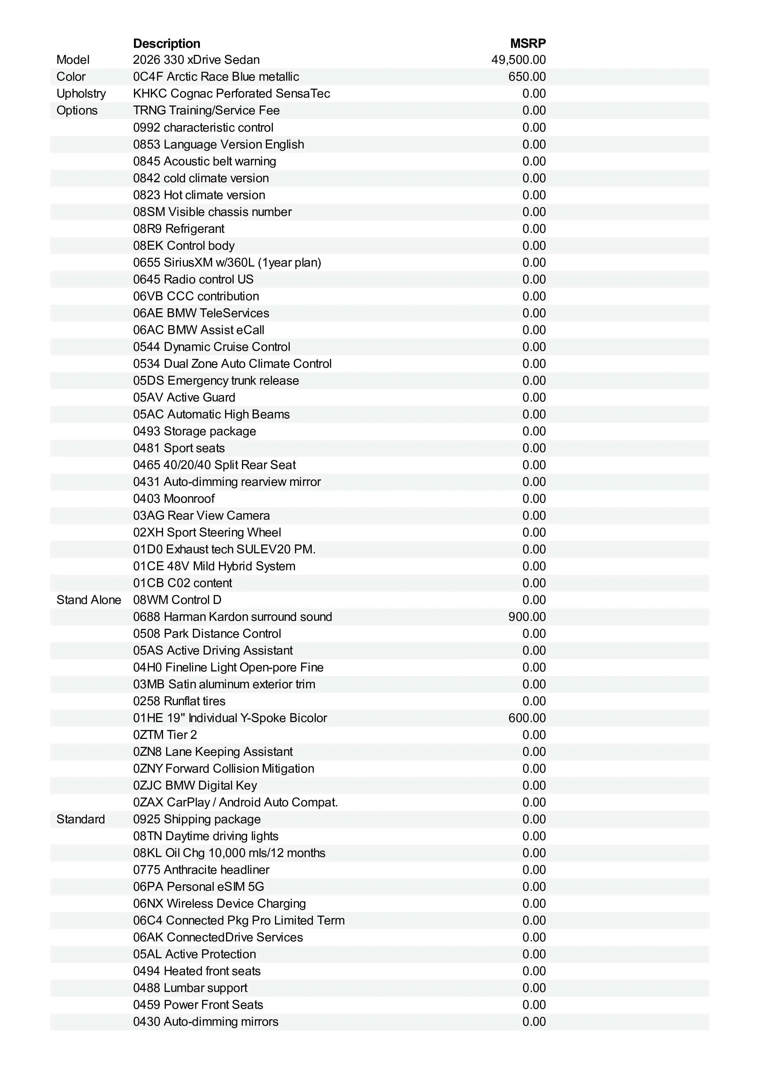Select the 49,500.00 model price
click(518, 60)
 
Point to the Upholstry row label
click(81, 94)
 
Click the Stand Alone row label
click(89, 600)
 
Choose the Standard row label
click(81, 819)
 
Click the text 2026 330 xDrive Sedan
click(196, 60)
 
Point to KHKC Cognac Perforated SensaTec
click(231, 94)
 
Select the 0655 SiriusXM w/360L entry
click(227, 263)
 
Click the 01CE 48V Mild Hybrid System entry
click(214, 566)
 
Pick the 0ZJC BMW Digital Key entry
click(195, 786)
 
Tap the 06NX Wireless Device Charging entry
click(219, 904)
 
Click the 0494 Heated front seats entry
click(197, 971)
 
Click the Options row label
click(77, 111)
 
